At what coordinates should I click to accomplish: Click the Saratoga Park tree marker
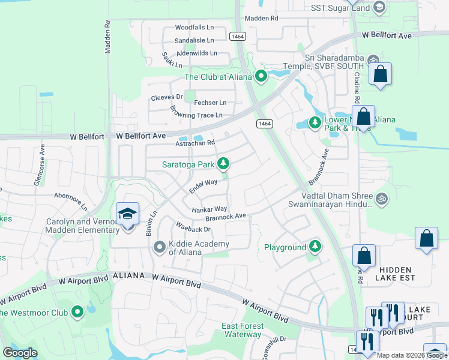[224, 163]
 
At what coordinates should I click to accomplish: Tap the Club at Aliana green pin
[261, 76]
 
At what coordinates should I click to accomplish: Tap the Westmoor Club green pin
[77, 312]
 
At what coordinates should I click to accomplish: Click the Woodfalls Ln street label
[194, 28]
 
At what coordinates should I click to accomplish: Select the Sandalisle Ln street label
[194, 40]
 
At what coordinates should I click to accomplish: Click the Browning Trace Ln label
[196, 113]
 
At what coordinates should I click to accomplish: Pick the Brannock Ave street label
[225, 217]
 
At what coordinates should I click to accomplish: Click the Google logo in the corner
[20, 353]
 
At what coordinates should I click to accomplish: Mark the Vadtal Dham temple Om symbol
[381, 198]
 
